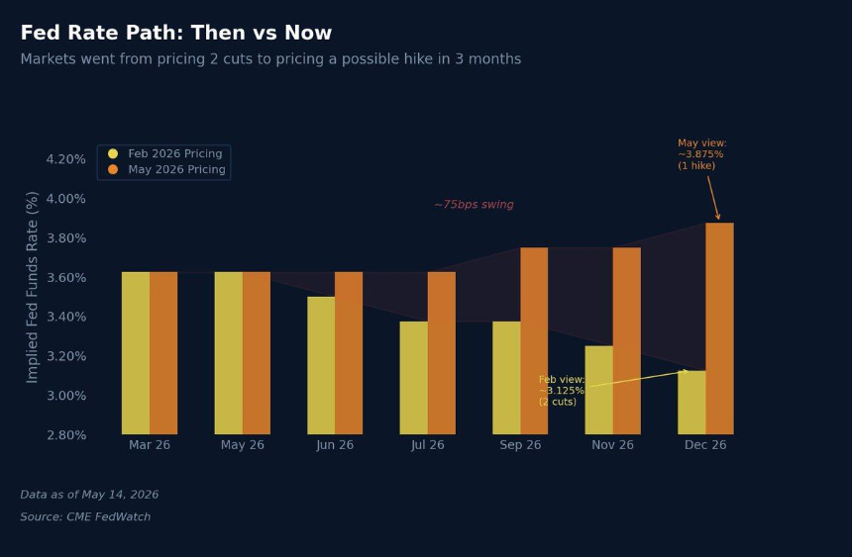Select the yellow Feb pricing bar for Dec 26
(x=692, y=403)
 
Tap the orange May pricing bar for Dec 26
(x=719, y=328)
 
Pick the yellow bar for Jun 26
(x=321, y=365)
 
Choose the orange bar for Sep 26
(x=534, y=341)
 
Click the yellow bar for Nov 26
(x=598, y=390)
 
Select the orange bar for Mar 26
(x=163, y=353)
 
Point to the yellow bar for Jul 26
(x=414, y=378)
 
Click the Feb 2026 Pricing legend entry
(x=165, y=153)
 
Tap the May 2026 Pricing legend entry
(x=166, y=169)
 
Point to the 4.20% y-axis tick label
(x=65, y=159)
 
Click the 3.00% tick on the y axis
(x=65, y=395)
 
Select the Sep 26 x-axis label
(x=520, y=444)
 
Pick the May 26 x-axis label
(x=243, y=444)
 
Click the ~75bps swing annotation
(x=474, y=204)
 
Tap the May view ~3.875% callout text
(x=702, y=154)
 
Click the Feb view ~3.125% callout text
(x=562, y=391)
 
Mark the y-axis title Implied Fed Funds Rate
(x=32, y=287)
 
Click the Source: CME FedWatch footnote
(x=85, y=516)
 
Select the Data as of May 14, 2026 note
(x=89, y=495)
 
